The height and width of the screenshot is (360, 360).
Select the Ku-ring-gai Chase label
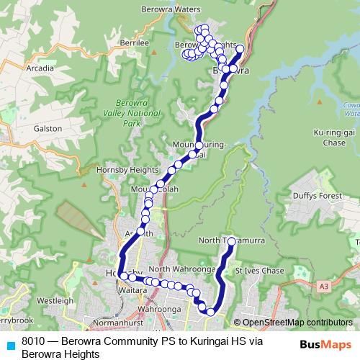click(330, 138)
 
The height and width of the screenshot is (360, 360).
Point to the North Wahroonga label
click(182, 269)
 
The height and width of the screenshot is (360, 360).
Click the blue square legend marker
click(10, 345)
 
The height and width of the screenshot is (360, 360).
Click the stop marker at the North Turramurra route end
click(231, 242)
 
